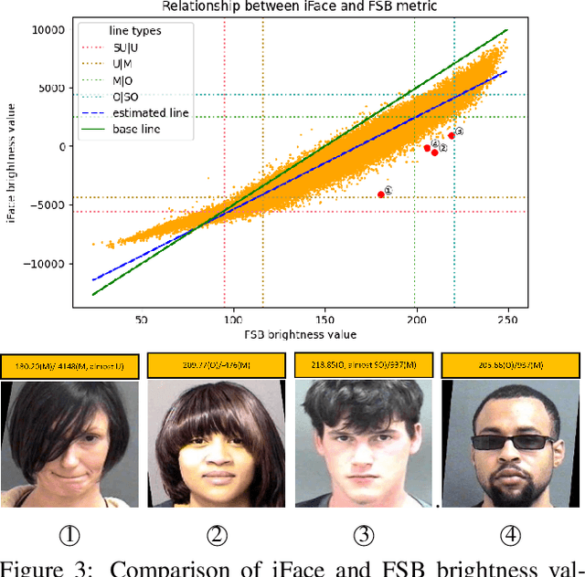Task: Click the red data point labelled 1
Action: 381,194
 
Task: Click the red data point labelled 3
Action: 452,135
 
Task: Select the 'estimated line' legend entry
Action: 150,113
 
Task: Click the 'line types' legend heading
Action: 135,31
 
